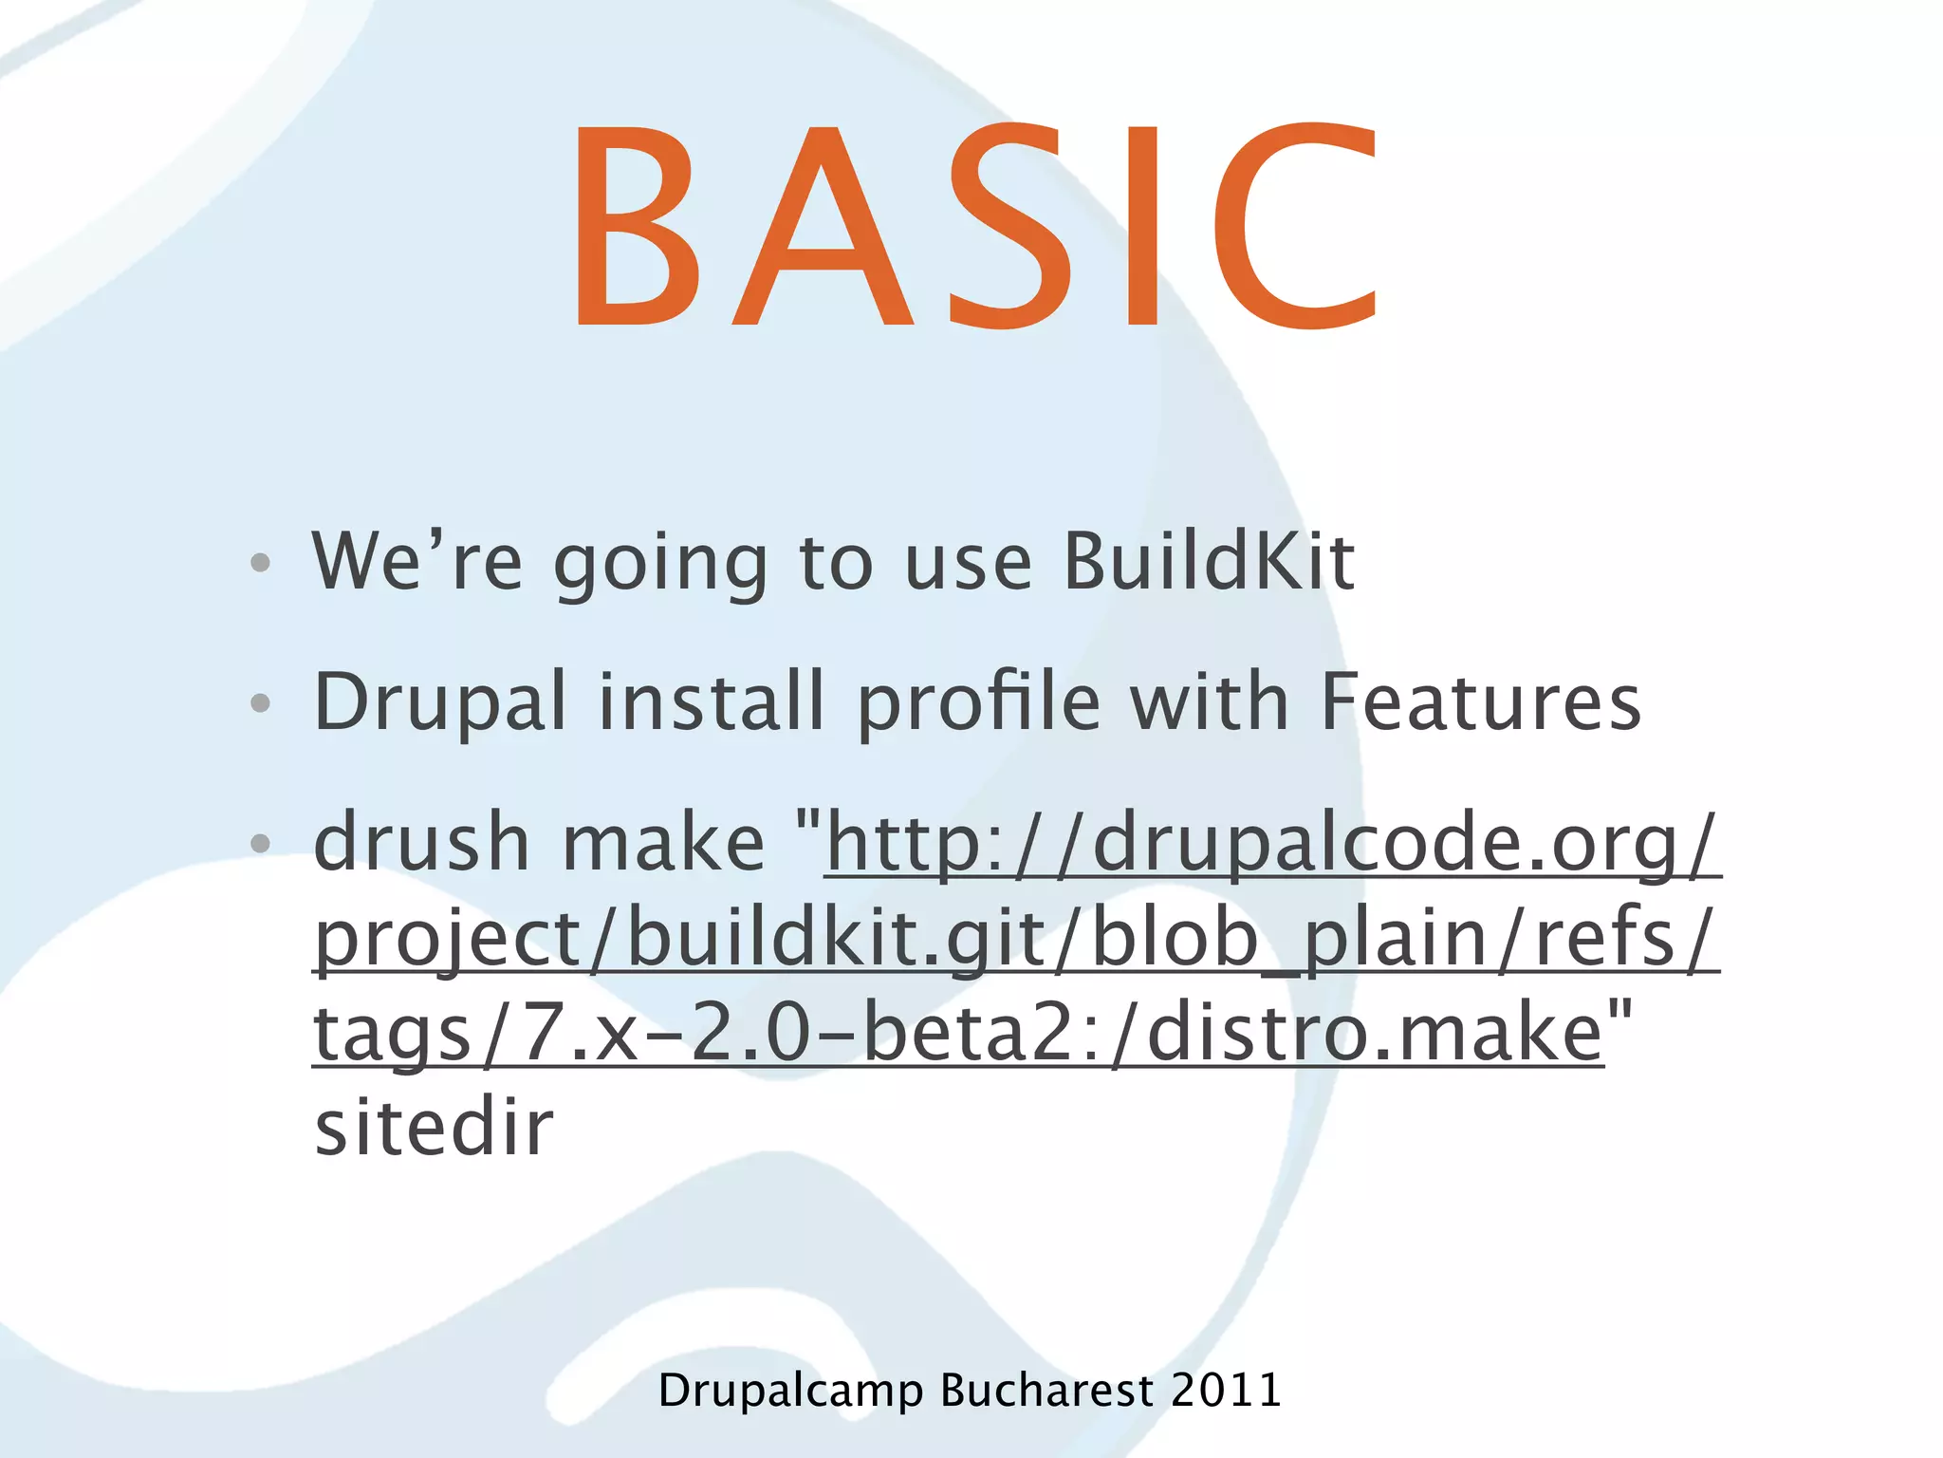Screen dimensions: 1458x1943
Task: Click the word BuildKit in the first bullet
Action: [1209, 562]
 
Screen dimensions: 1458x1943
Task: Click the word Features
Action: [1480, 702]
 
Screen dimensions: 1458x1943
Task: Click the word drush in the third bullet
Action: [421, 843]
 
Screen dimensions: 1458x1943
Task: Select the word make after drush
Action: [663, 843]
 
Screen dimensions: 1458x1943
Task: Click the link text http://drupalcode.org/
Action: [1271, 843]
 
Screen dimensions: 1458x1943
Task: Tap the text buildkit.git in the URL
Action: [835, 938]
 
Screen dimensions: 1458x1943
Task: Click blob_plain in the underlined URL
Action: [1287, 938]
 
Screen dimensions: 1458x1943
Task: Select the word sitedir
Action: [434, 1128]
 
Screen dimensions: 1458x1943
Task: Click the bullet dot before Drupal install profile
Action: [260, 703]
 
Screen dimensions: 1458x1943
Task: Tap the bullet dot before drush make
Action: [260, 843]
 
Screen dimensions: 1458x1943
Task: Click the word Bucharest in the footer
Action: [1046, 1391]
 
